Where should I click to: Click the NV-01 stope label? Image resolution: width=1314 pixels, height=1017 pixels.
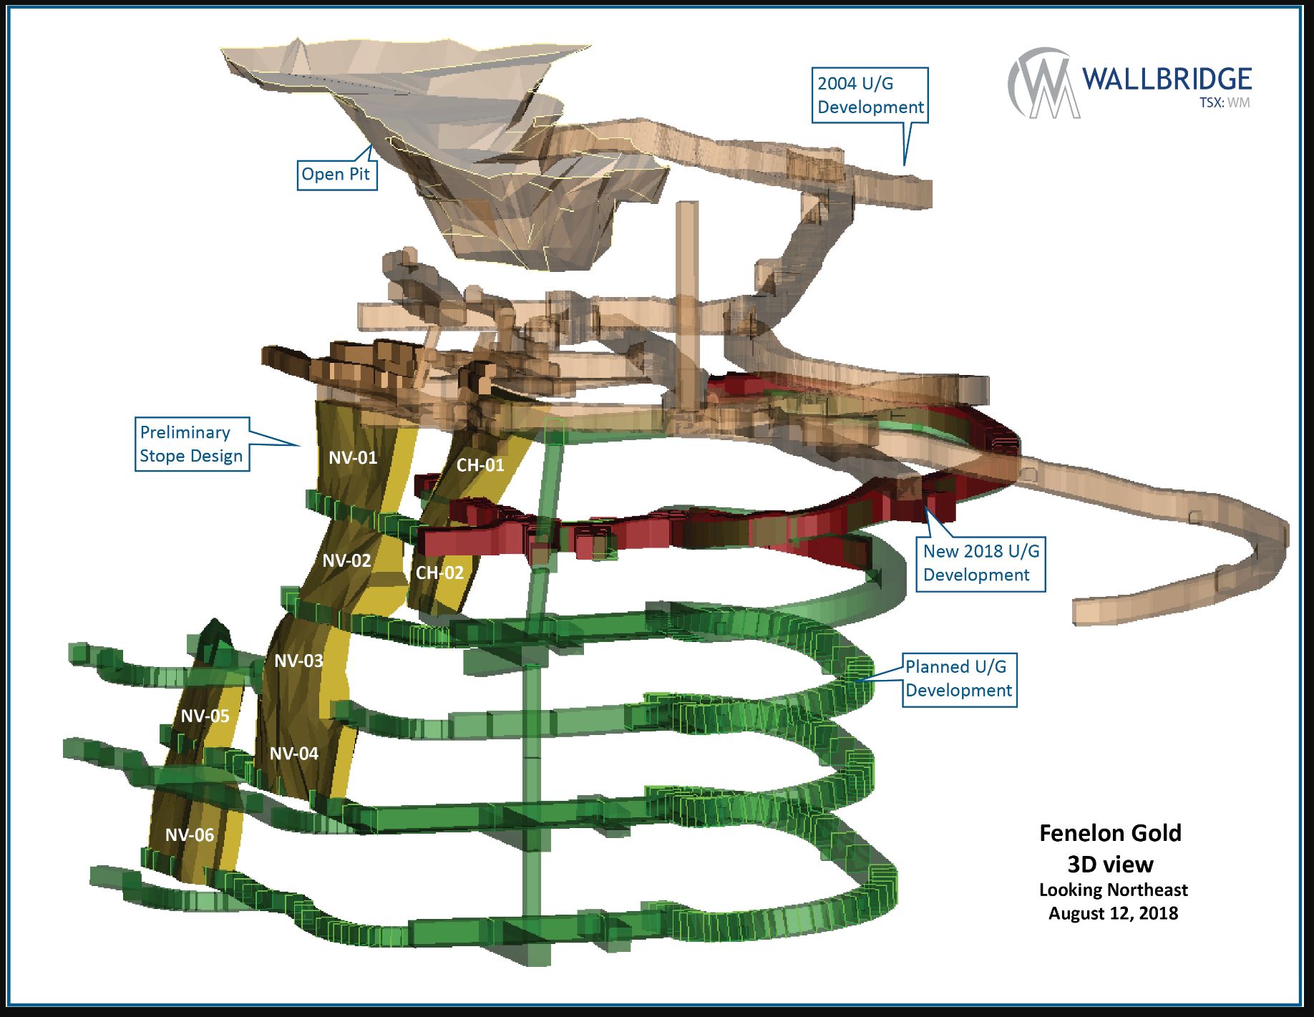pyautogui.click(x=353, y=457)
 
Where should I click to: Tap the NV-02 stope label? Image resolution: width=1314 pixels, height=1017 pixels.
pyautogui.click(x=346, y=560)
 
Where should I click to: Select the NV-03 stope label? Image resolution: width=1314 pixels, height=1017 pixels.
pyautogui.click(x=299, y=661)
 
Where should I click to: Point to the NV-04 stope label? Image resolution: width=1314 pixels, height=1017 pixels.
pyautogui.click(x=294, y=753)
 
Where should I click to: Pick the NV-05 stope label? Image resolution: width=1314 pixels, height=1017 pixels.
pyautogui.click(x=205, y=716)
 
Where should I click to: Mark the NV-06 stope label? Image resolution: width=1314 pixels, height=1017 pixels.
pyautogui.click(x=190, y=834)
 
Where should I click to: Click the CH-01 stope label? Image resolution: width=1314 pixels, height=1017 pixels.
pyautogui.click(x=480, y=465)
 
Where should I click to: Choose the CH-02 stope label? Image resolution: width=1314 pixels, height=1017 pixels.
pyautogui.click(x=439, y=573)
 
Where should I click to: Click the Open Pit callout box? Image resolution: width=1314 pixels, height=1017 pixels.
pyautogui.click(x=336, y=174)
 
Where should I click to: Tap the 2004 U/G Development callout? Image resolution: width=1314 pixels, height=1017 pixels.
pyautogui.click(x=870, y=95)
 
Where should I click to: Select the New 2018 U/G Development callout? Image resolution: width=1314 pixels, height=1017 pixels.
pyautogui.click(x=980, y=563)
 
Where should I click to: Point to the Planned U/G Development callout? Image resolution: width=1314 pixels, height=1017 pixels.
pyautogui.click(x=959, y=678)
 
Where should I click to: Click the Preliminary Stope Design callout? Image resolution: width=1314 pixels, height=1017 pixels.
pyautogui.click(x=192, y=444)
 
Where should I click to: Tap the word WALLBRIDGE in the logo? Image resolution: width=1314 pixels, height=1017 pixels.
pyautogui.click(x=1167, y=79)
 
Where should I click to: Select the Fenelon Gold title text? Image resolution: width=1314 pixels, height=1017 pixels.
pyautogui.click(x=1110, y=833)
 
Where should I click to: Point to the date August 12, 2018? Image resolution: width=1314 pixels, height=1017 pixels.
pyautogui.click(x=1113, y=913)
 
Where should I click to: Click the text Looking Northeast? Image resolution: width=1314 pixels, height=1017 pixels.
pyautogui.click(x=1113, y=890)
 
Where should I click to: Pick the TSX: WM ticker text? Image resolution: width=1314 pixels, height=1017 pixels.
pyautogui.click(x=1225, y=102)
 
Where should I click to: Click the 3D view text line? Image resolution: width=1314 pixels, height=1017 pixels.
pyautogui.click(x=1110, y=865)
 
